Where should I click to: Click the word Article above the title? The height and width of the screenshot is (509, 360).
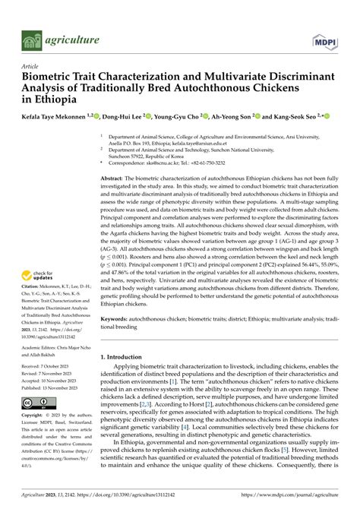[x=33, y=66]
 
